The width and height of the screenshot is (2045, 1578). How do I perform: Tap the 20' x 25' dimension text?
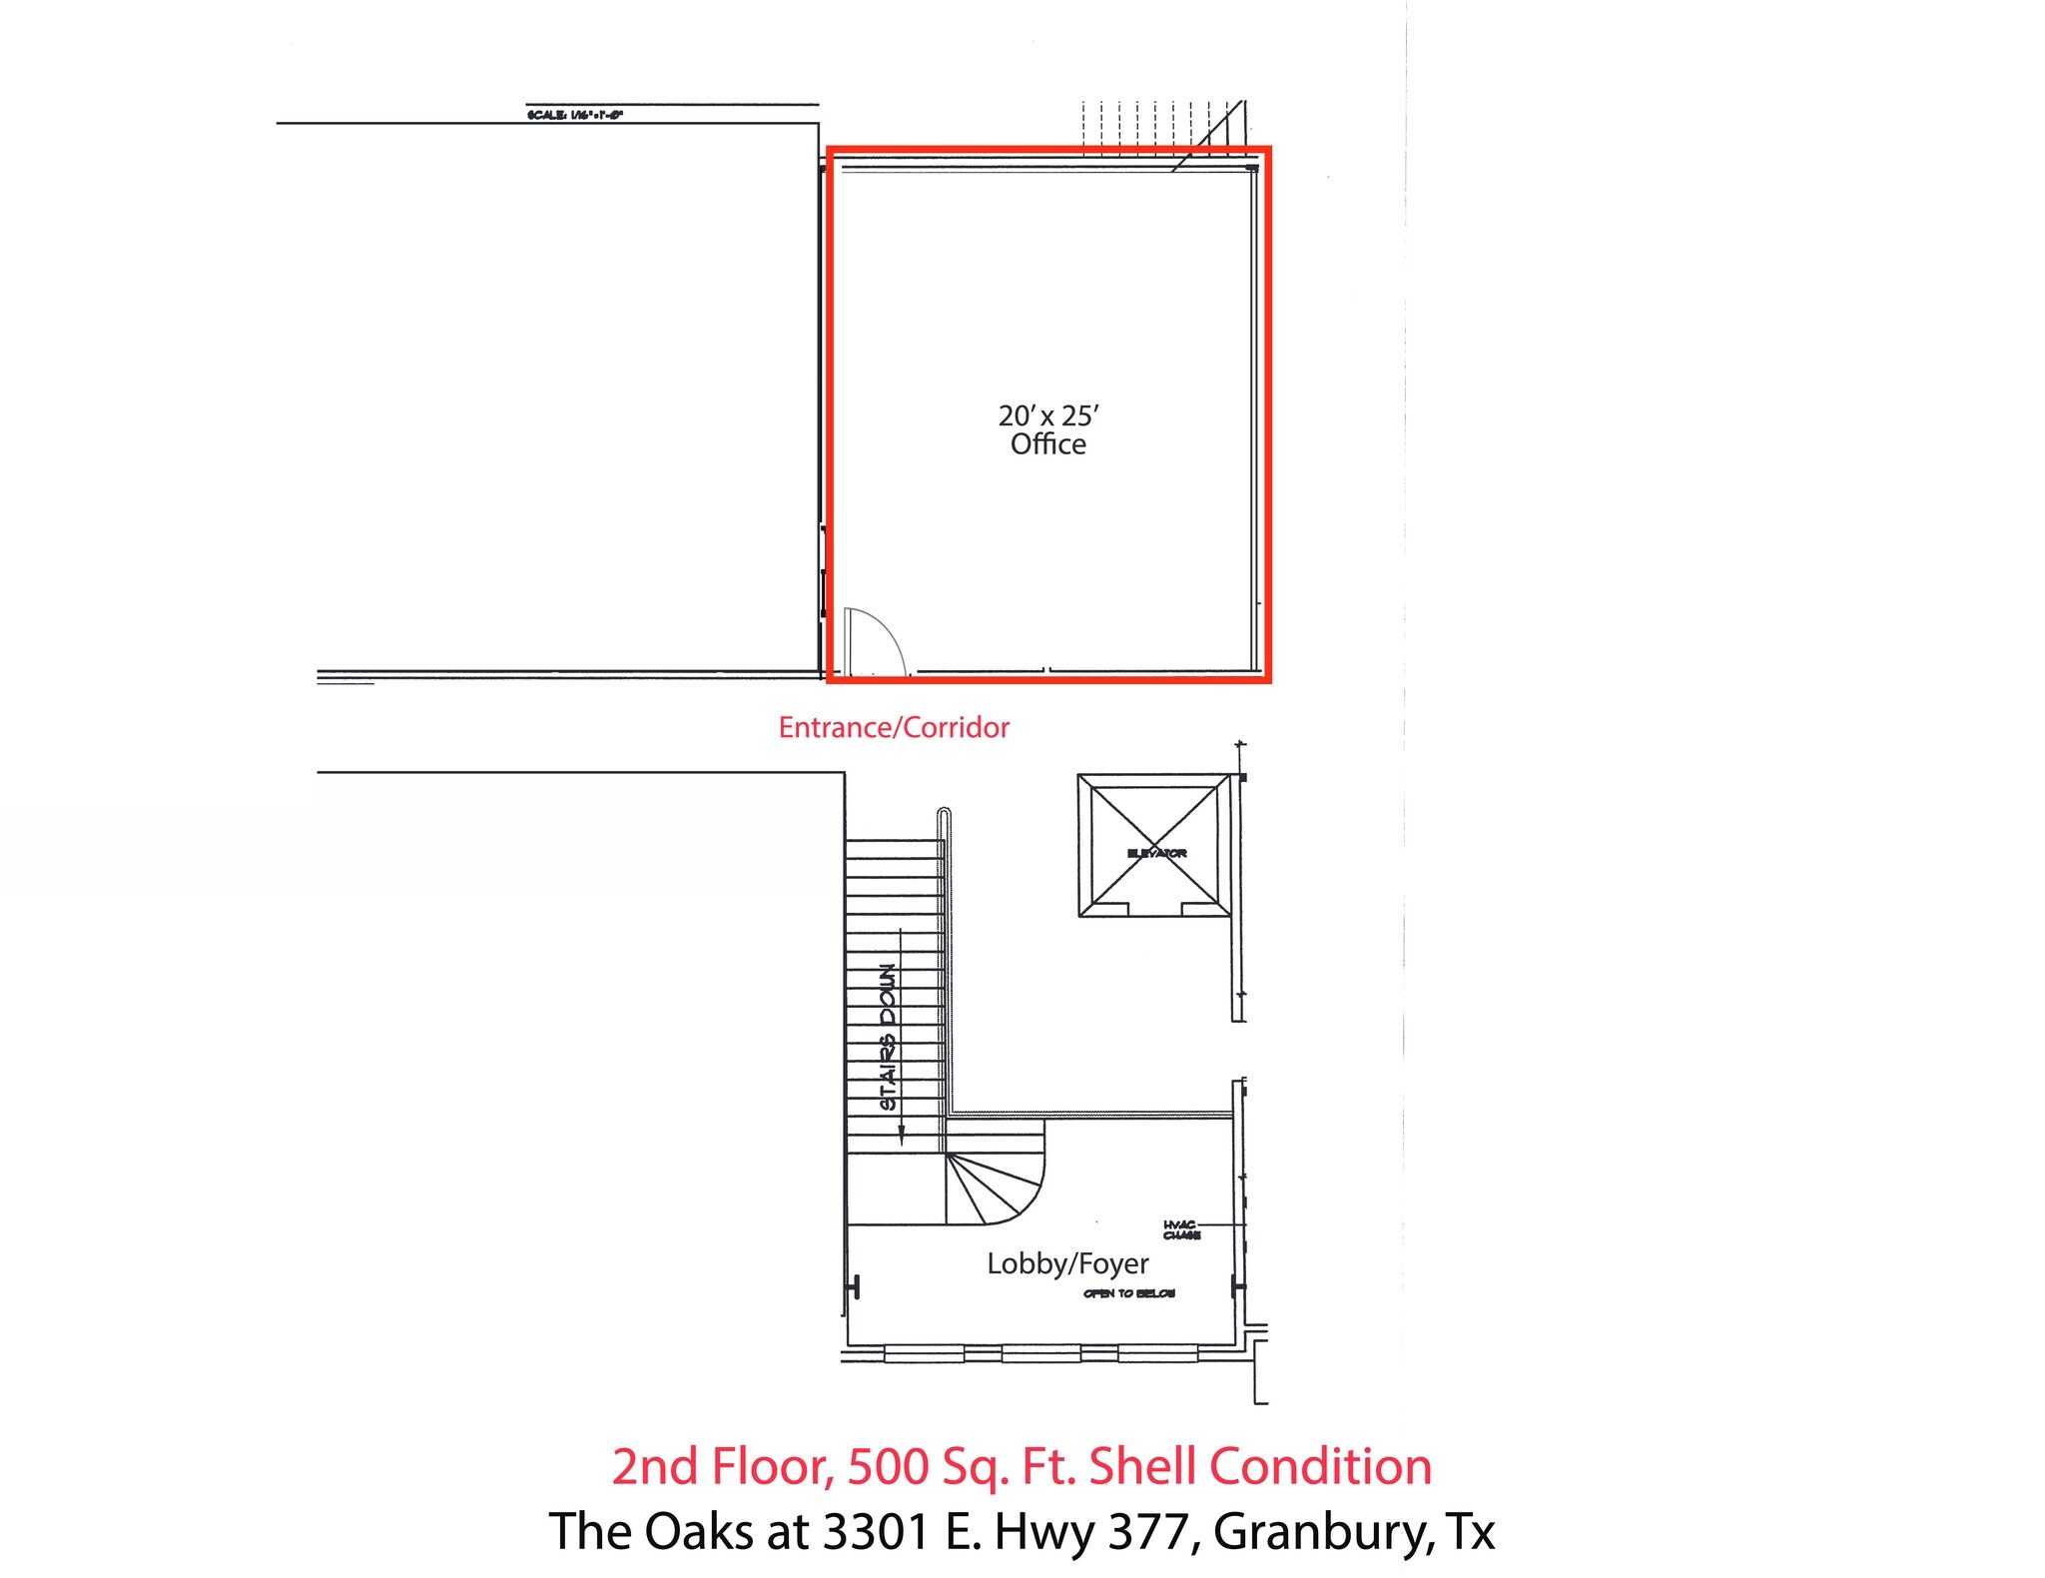[x=1047, y=415]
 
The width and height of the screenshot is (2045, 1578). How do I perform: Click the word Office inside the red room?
[x=1047, y=444]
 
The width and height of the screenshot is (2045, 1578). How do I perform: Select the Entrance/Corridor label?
[x=894, y=727]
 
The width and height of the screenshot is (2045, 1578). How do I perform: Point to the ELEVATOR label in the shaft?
[x=1156, y=853]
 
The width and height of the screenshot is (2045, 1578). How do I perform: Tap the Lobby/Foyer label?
[x=1067, y=1263]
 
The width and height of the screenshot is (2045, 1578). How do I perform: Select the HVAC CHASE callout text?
[x=1181, y=1229]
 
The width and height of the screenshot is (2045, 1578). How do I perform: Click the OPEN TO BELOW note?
[x=1128, y=1293]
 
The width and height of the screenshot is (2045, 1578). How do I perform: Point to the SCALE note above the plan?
[x=575, y=115]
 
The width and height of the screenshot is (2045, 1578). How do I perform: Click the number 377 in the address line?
[x=1147, y=1531]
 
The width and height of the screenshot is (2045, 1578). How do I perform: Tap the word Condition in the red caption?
[x=1320, y=1466]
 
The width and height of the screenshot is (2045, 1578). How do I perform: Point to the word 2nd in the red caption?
[x=654, y=1466]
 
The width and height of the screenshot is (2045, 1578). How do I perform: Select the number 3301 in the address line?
[x=876, y=1531]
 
